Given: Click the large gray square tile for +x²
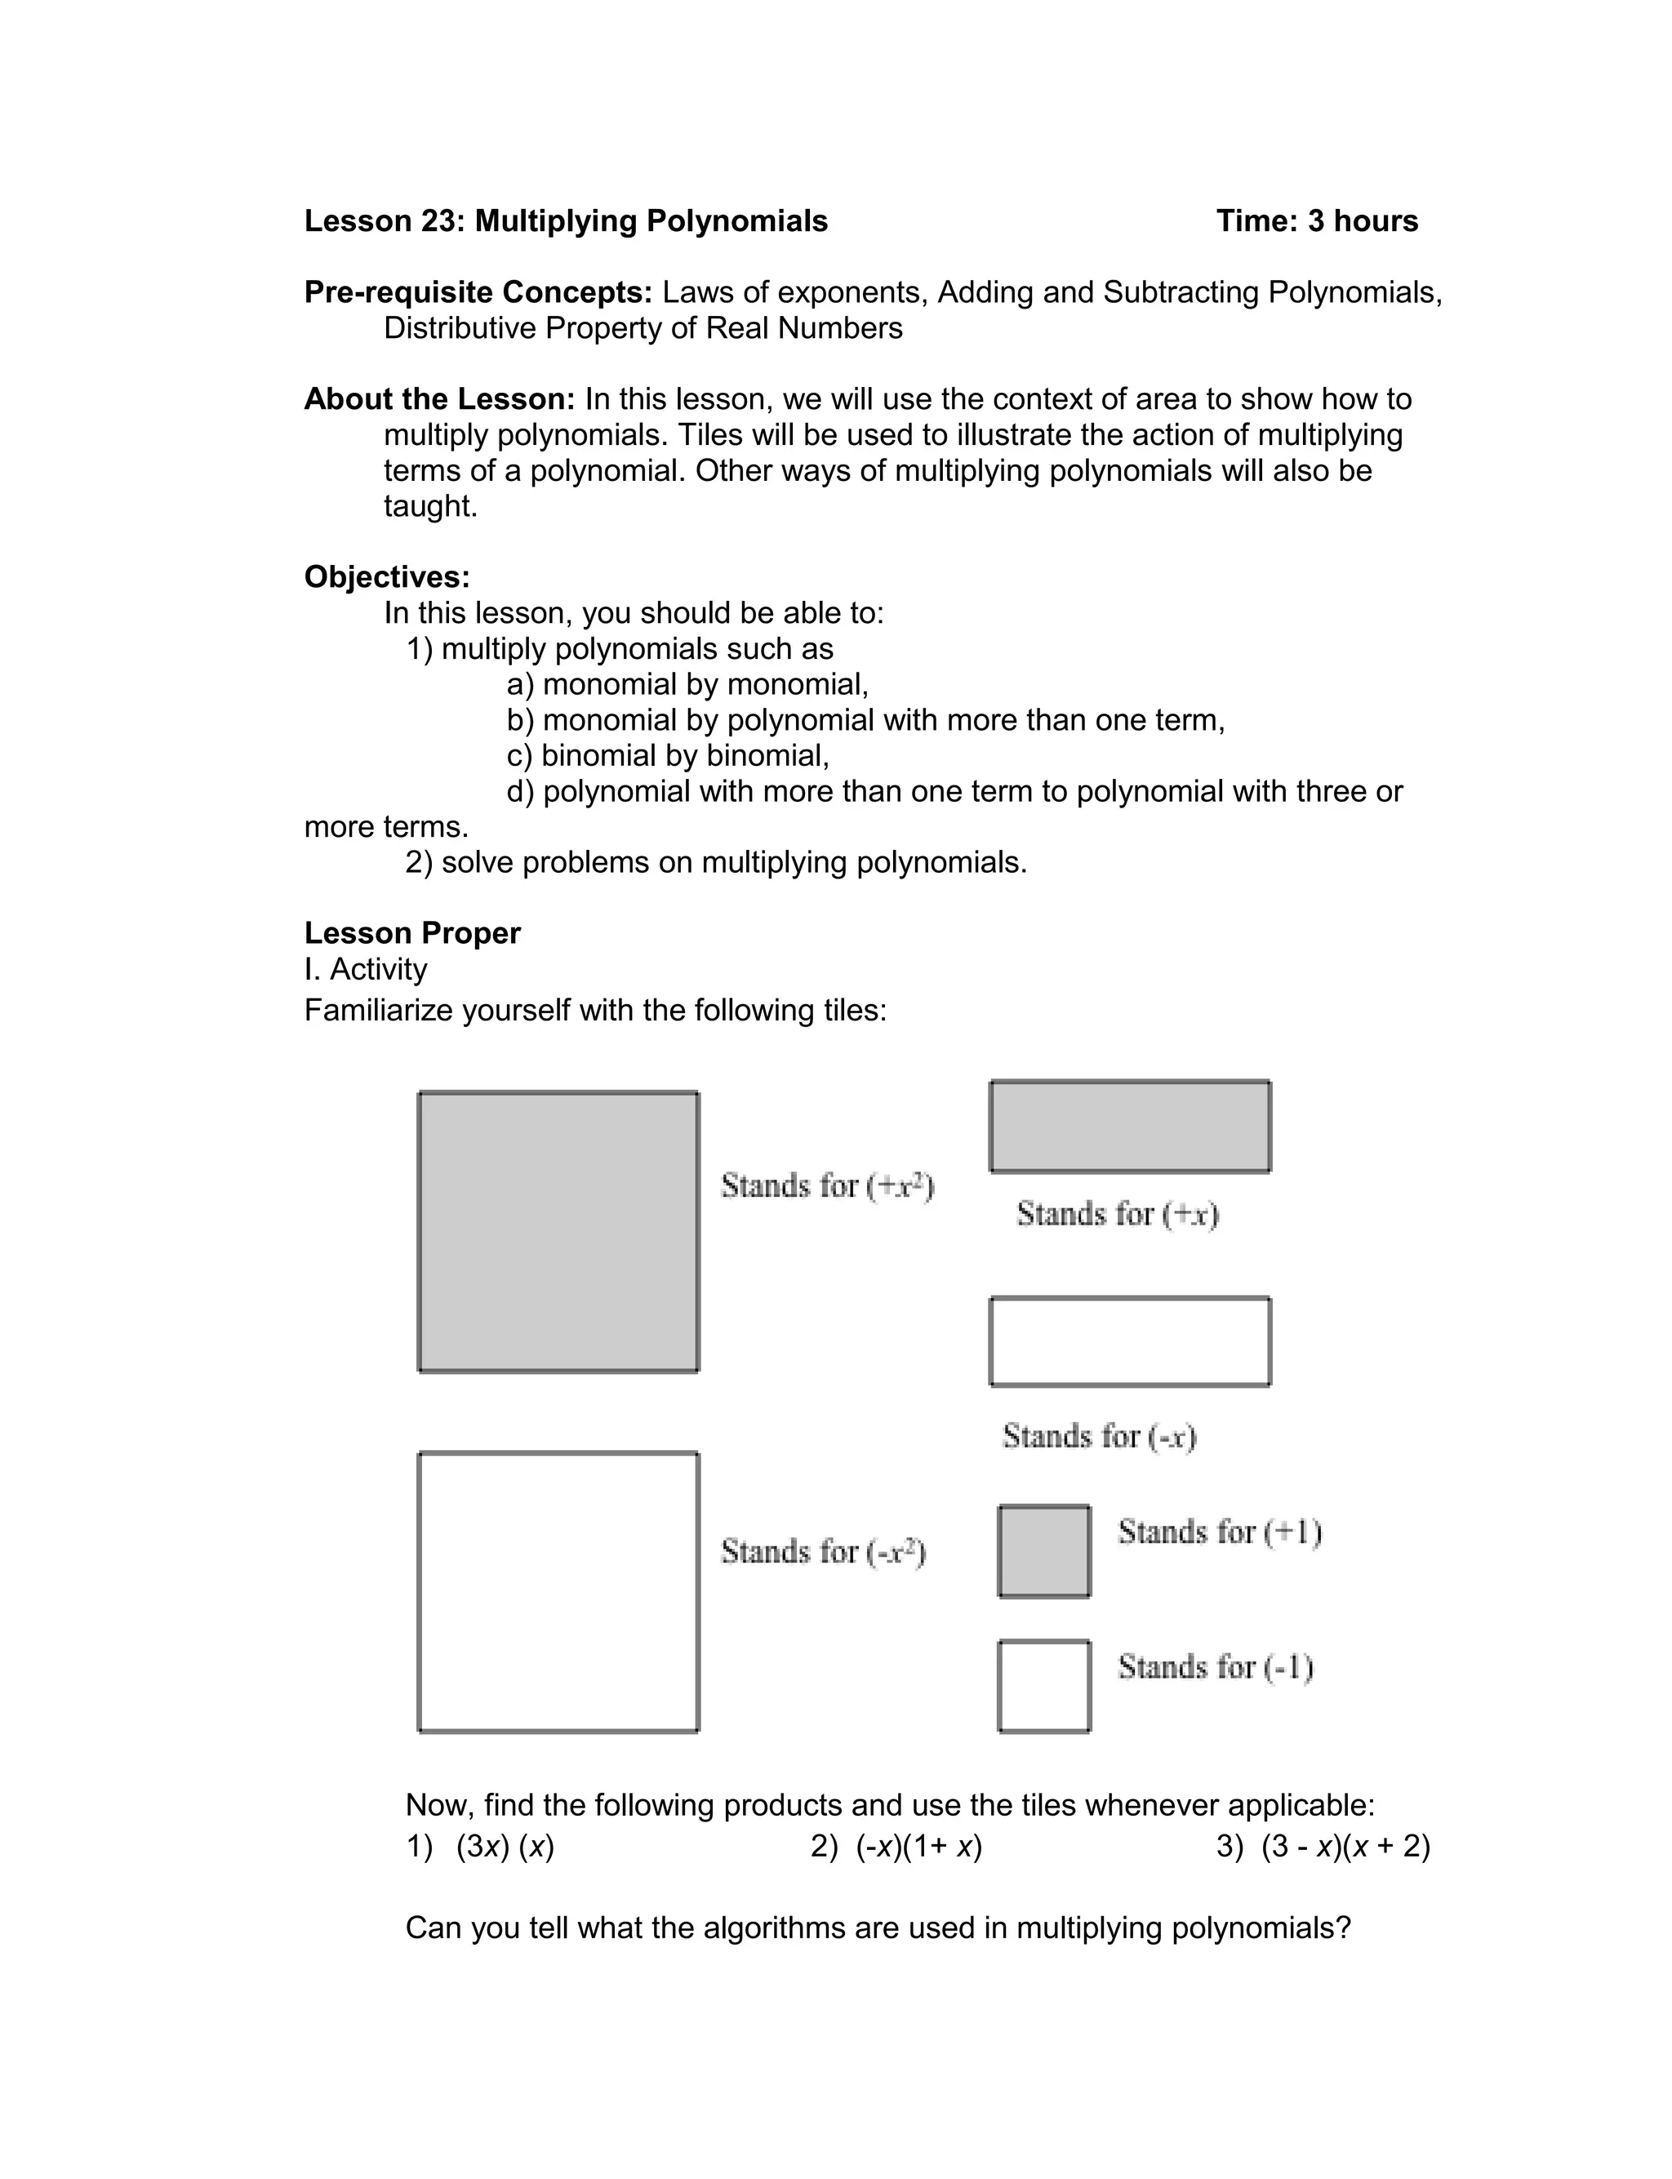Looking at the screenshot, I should [558, 1231].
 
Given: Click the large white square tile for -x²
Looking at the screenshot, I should [558, 1591].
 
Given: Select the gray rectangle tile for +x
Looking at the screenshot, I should [1130, 1127].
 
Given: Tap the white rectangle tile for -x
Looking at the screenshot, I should [1130, 1341].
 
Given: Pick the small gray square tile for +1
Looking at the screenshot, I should [1044, 1551].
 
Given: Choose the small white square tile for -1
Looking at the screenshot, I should [1044, 1687].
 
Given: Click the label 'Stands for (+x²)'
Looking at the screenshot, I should [827, 1186].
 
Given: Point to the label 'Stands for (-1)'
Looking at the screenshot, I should [1215, 1666].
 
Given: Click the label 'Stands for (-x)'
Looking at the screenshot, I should [1099, 1436].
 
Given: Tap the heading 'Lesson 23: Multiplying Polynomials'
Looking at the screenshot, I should [565, 221].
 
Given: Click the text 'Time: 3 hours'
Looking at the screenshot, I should [1317, 221].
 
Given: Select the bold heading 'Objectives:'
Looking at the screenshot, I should [387, 577].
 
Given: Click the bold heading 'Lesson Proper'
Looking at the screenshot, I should [412, 933].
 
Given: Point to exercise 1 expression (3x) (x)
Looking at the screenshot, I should [505, 1847].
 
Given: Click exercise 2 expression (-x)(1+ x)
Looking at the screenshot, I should [918, 1847].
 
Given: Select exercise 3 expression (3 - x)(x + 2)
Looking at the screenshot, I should [1345, 1847].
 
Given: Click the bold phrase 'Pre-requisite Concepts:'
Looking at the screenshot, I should [478, 292].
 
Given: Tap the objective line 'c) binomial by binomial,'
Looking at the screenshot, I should [668, 755].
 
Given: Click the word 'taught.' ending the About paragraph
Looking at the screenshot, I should [431, 506].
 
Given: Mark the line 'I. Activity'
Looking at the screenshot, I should [365, 969].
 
